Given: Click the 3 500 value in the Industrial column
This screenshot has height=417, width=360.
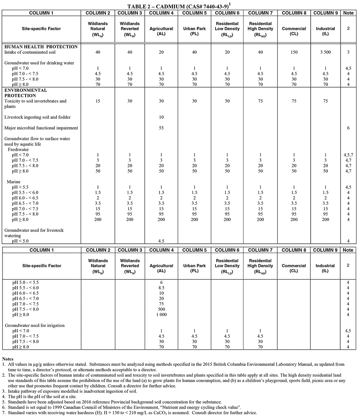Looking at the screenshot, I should (x=325, y=52).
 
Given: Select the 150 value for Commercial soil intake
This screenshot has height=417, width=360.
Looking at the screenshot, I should (x=294, y=52).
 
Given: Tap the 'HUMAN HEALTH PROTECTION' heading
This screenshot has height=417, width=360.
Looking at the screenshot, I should (x=41, y=47).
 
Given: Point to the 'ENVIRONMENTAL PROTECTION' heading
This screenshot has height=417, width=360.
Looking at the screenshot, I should (x=26, y=93).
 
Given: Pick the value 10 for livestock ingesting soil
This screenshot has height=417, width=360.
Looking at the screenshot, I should (x=161, y=117).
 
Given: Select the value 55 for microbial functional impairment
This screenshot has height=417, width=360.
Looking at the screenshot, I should (x=161, y=128).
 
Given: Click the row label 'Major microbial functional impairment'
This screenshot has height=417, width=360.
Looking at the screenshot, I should (x=41, y=128).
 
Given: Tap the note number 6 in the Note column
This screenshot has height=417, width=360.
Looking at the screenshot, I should (x=348, y=128).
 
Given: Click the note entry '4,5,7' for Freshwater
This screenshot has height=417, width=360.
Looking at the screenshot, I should (x=348, y=155).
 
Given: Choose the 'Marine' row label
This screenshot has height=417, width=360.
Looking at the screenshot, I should (x=14, y=182).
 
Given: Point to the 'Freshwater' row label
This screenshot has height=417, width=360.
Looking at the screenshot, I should (x=18, y=149).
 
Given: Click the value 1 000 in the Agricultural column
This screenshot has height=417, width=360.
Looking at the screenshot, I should (x=161, y=315).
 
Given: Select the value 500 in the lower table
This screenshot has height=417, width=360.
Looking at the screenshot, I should (x=161, y=309).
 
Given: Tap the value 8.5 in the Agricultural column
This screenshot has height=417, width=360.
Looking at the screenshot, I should (x=161, y=288).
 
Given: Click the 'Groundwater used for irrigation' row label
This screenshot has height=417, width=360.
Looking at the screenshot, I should (x=35, y=325).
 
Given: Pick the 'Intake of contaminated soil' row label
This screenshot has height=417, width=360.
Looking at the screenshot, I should (x=32, y=52).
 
